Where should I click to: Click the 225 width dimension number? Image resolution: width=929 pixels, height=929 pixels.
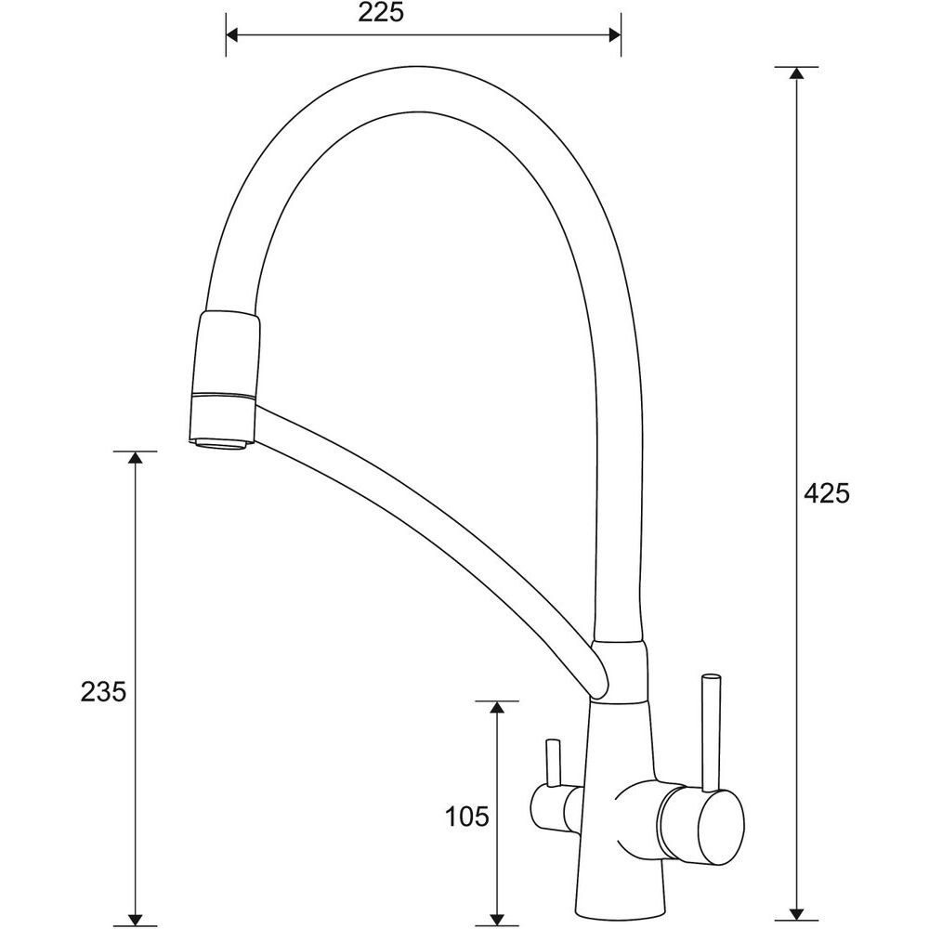click(381, 13)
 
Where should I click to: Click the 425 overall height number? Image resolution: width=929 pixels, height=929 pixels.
click(827, 493)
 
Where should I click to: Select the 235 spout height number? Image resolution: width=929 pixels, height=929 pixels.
click(104, 692)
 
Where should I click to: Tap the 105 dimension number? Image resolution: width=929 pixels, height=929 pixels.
click(467, 817)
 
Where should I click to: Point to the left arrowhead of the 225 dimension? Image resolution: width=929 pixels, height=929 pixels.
click(231, 36)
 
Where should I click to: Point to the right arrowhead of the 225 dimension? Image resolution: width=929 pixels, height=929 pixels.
click(615, 36)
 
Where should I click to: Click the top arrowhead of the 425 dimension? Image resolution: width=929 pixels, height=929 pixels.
click(797, 72)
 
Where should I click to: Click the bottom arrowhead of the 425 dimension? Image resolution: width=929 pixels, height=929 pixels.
click(797, 918)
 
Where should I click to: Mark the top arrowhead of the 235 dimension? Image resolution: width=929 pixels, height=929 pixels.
click(136, 457)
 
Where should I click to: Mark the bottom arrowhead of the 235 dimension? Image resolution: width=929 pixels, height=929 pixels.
click(136, 918)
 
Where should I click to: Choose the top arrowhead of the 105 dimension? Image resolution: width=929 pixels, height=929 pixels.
click(498, 707)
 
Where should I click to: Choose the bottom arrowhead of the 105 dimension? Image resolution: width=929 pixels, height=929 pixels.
click(498, 918)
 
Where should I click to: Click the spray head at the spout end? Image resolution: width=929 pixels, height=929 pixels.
click(224, 379)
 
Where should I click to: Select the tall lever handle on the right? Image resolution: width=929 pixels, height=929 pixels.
click(711, 732)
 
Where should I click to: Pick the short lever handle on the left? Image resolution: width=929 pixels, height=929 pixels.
click(553, 763)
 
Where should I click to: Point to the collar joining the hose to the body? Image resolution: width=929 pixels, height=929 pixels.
click(622, 672)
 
